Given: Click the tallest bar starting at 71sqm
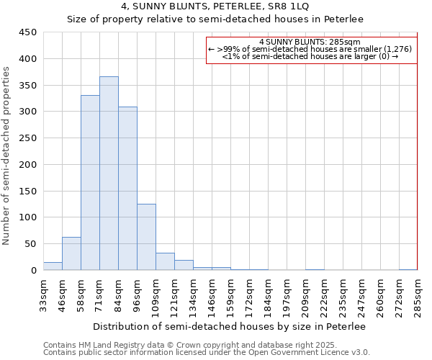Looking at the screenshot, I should [109, 174].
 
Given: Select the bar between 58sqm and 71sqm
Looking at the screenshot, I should [90, 183].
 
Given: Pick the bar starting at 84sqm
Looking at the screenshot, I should [127, 189].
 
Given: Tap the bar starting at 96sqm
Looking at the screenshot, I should [146, 237].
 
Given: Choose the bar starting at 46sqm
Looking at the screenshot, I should [71, 253].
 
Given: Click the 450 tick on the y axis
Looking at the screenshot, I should [28, 32].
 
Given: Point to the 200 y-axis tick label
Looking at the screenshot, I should [28, 164].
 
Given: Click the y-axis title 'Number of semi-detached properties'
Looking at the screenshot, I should [7, 156].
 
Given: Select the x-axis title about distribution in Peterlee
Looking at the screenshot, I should [230, 327].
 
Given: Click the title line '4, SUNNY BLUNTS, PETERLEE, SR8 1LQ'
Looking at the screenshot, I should [215, 6].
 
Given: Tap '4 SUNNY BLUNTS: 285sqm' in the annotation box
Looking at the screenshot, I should [310, 42].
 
